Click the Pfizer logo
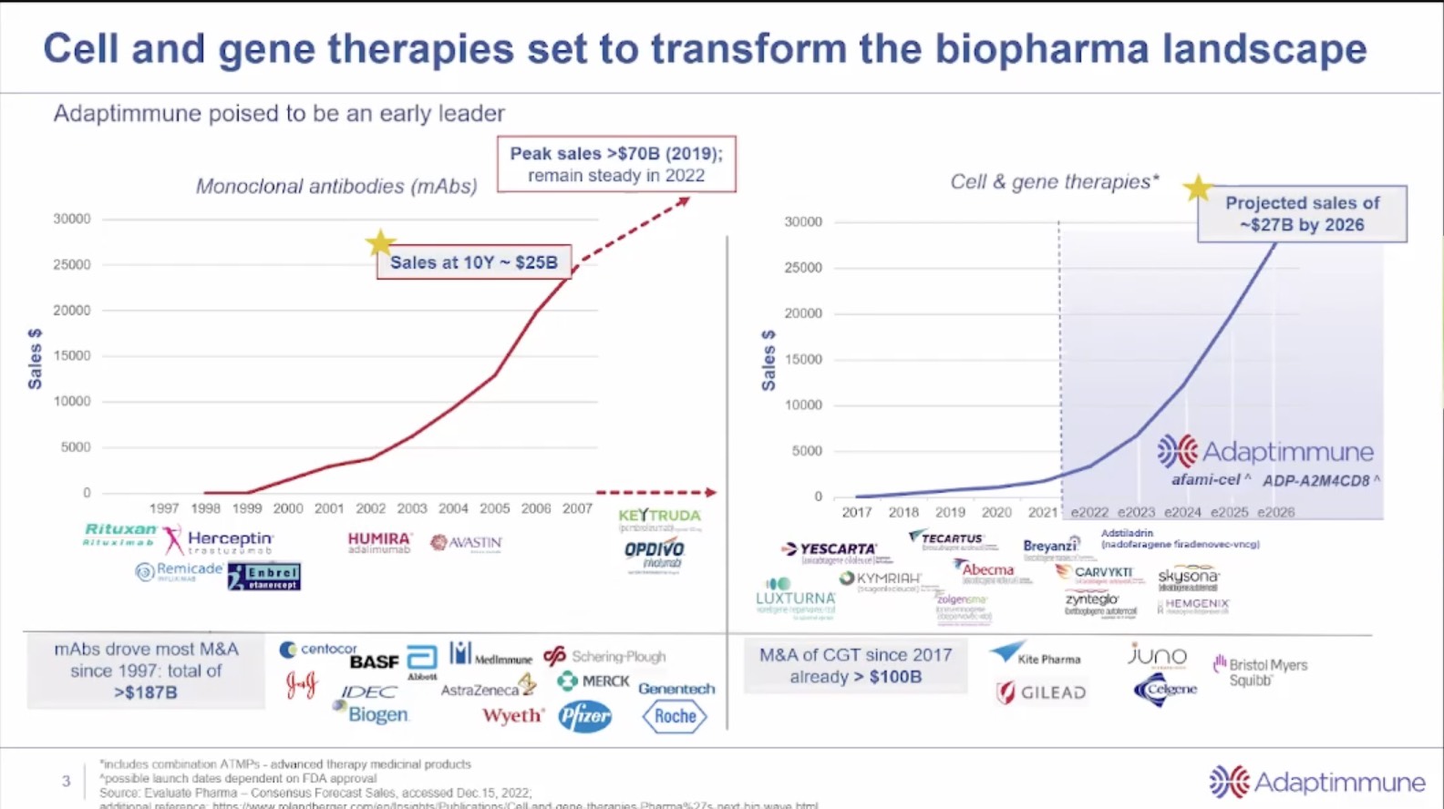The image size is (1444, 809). pos(585,717)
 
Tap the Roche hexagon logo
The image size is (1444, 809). pos(675,717)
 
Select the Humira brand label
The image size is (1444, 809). pos(379,542)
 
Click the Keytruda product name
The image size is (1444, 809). pos(659,517)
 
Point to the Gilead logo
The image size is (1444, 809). pos(1042,693)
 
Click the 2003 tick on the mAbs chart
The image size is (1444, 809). pos(411,508)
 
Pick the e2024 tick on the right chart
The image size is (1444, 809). pos(1182,512)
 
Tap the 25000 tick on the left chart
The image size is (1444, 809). pos(72,264)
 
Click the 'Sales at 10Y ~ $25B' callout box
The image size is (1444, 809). pos(474,262)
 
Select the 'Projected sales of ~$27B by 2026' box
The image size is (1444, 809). pos(1302,214)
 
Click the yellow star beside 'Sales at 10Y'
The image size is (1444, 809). pos(380,242)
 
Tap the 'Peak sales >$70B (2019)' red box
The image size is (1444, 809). pos(616,164)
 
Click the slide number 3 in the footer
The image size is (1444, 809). pos(66,781)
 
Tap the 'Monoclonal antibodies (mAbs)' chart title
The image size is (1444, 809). pos(336,187)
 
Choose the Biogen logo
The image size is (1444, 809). pos(376,715)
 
